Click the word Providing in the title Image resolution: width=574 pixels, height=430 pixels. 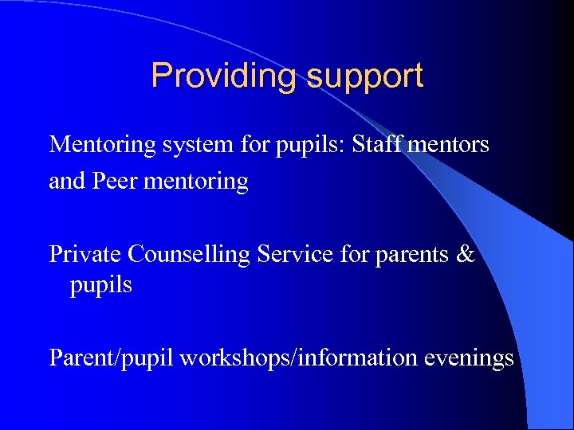224,76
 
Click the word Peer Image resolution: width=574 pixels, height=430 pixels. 115,182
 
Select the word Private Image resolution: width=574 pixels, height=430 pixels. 86,254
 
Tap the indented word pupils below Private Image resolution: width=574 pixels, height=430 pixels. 101,285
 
